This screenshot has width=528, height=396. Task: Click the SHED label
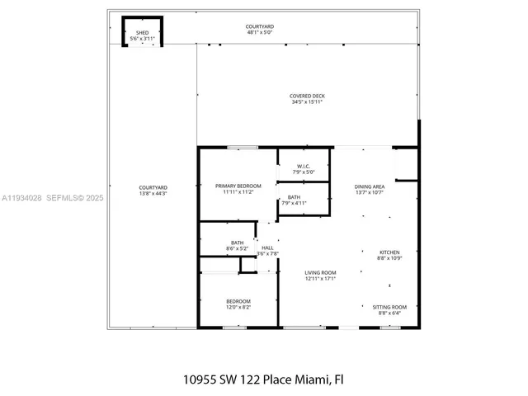click(142, 33)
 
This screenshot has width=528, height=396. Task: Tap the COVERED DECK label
click(307, 96)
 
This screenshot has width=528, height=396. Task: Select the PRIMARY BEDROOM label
click(238, 186)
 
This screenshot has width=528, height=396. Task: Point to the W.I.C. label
click(304, 167)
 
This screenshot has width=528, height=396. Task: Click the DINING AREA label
click(370, 186)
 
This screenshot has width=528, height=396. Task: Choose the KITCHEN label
click(389, 252)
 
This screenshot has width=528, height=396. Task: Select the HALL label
click(267, 247)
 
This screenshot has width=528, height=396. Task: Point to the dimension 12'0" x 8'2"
click(238, 307)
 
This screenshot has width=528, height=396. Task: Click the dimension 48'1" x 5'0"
click(260, 33)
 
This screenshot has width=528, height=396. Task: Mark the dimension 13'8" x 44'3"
click(153, 194)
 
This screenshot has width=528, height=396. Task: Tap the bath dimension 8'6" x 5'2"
click(237, 248)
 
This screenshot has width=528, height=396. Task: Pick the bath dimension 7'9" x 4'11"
click(295, 203)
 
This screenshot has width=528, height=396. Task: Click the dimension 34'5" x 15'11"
click(307, 102)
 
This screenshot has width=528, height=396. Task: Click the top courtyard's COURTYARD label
click(260, 27)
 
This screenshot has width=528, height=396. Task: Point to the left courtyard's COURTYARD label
click(153, 188)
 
